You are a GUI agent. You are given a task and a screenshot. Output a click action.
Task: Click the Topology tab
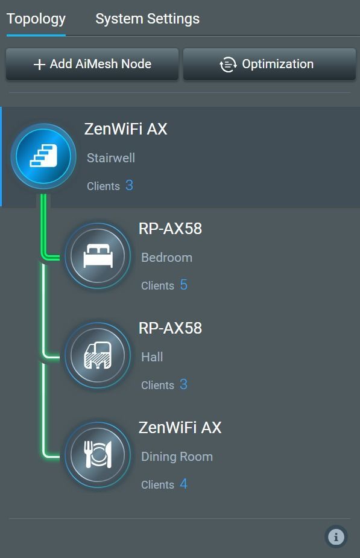[x=36, y=19]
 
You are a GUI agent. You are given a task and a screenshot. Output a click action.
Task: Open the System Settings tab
[x=147, y=19]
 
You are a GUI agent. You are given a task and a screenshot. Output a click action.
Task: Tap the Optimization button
[x=270, y=64]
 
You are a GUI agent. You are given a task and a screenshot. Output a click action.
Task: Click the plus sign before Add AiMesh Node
[x=39, y=65]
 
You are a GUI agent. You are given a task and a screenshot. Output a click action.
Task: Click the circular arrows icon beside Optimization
[x=228, y=65]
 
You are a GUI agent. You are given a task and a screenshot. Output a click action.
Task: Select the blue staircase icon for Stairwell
[x=43, y=156]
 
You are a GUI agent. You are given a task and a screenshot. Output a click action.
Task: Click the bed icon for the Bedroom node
[x=98, y=256]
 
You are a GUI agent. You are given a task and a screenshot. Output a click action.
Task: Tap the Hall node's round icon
[x=98, y=355]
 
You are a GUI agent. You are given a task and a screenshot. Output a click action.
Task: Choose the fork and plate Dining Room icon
[x=98, y=454]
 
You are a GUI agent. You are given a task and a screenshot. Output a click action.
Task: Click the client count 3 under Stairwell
[x=129, y=185]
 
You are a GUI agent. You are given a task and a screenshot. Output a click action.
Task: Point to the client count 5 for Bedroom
[x=183, y=285]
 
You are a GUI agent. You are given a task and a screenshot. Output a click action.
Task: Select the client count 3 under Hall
[x=183, y=384]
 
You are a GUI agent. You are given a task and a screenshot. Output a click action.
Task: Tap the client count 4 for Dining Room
[x=183, y=484]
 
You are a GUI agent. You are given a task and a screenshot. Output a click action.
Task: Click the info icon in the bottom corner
[x=336, y=536]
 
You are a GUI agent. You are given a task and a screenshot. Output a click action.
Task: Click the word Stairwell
[x=111, y=157]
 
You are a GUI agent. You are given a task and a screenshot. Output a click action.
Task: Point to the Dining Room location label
[x=177, y=457]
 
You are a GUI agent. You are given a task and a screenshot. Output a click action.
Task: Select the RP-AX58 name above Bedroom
[x=170, y=229]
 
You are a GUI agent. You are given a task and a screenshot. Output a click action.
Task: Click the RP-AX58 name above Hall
[x=170, y=328]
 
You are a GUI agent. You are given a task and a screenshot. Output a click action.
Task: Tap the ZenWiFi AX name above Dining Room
[x=180, y=427]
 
